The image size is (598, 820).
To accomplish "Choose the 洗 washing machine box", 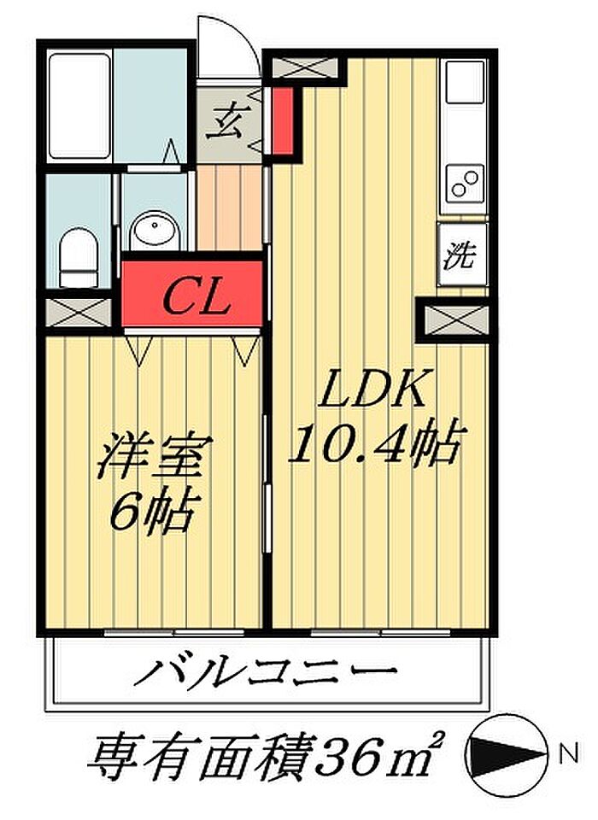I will coord(462,255).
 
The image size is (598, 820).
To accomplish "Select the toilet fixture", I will coord(79,256).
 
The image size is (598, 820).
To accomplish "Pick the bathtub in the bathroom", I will coord(79,106).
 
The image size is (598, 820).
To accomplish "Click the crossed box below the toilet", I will coord(79,311).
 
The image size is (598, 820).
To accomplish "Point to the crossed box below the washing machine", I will coord(453,320).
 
